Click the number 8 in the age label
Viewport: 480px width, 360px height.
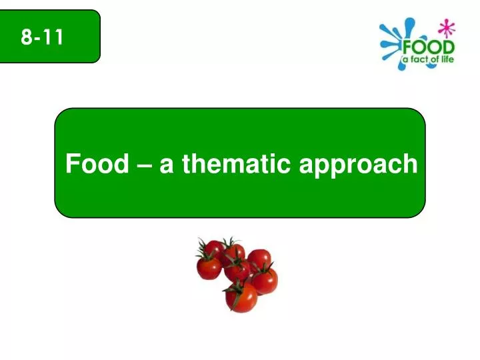click(26, 37)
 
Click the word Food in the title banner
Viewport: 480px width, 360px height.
click(97, 163)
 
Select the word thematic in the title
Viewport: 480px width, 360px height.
click(236, 163)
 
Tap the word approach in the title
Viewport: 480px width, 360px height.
click(358, 166)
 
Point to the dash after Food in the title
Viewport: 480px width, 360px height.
click(143, 165)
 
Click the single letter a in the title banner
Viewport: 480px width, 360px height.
click(167, 166)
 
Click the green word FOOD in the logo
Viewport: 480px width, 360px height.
click(429, 47)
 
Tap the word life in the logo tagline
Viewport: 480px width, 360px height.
click(446, 59)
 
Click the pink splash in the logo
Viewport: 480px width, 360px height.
click(447, 28)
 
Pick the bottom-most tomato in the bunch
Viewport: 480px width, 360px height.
click(241, 297)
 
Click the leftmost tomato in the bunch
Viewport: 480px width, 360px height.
click(209, 268)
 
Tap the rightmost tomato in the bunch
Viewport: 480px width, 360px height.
click(265, 281)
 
